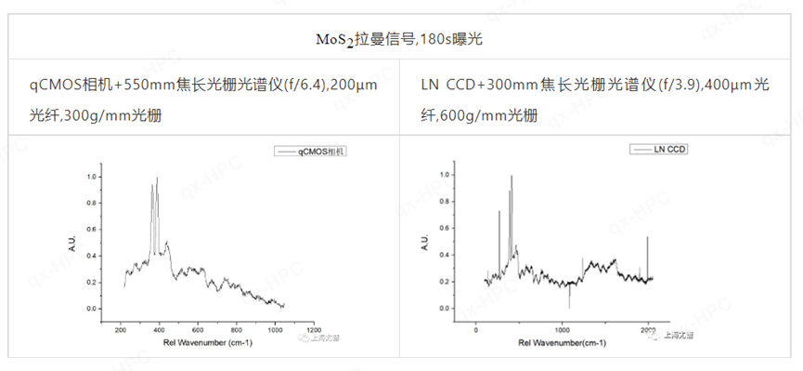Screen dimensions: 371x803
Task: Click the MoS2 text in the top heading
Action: click(332, 41)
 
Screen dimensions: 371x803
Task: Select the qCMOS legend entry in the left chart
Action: click(321, 151)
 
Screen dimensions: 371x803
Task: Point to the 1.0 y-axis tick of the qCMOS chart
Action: click(91, 176)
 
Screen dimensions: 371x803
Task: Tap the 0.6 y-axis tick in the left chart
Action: click(91, 229)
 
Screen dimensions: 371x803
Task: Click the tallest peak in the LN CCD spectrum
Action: click(511, 191)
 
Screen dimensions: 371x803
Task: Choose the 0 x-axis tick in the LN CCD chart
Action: click(476, 329)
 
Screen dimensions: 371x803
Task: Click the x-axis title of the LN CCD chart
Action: click(549, 342)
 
